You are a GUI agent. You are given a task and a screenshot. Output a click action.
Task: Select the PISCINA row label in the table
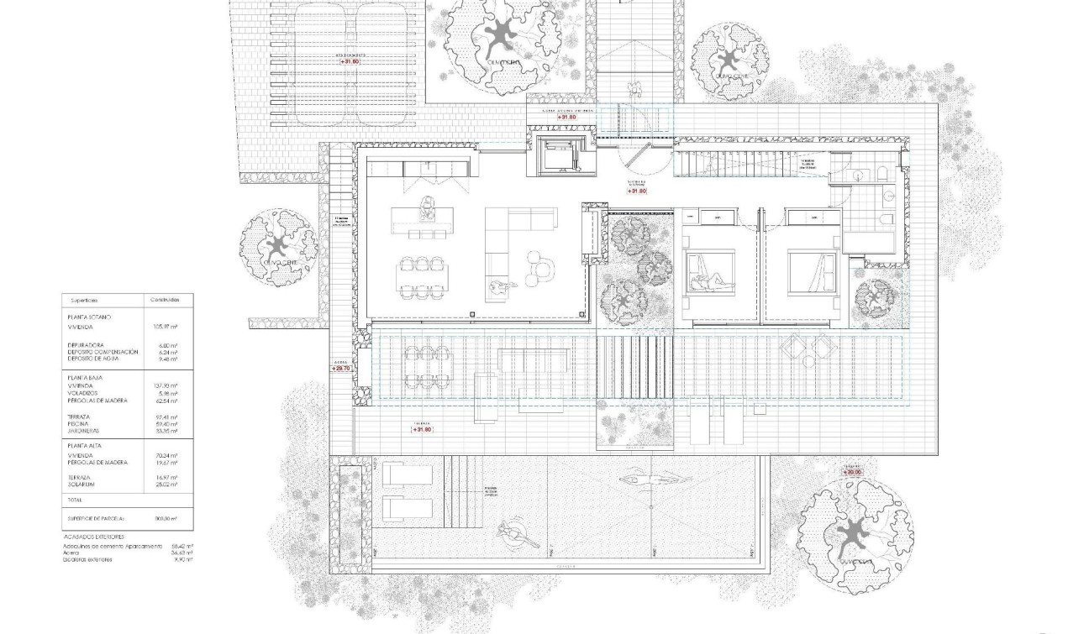pos(78,424)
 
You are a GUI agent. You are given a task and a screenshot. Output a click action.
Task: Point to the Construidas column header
pos(164,299)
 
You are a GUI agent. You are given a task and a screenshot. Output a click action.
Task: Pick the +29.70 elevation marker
pos(340,368)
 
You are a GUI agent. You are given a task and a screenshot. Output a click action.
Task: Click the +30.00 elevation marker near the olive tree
pos(852,472)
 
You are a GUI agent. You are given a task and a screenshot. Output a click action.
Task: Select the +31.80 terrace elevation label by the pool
pos(422,429)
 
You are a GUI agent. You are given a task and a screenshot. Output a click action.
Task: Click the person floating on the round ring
pos(510,532)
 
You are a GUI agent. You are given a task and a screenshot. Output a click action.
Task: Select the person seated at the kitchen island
pos(429,206)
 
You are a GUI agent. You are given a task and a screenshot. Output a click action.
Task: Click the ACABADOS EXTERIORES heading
pos(94,536)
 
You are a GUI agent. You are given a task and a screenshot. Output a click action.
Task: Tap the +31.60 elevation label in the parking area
pos(350,61)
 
